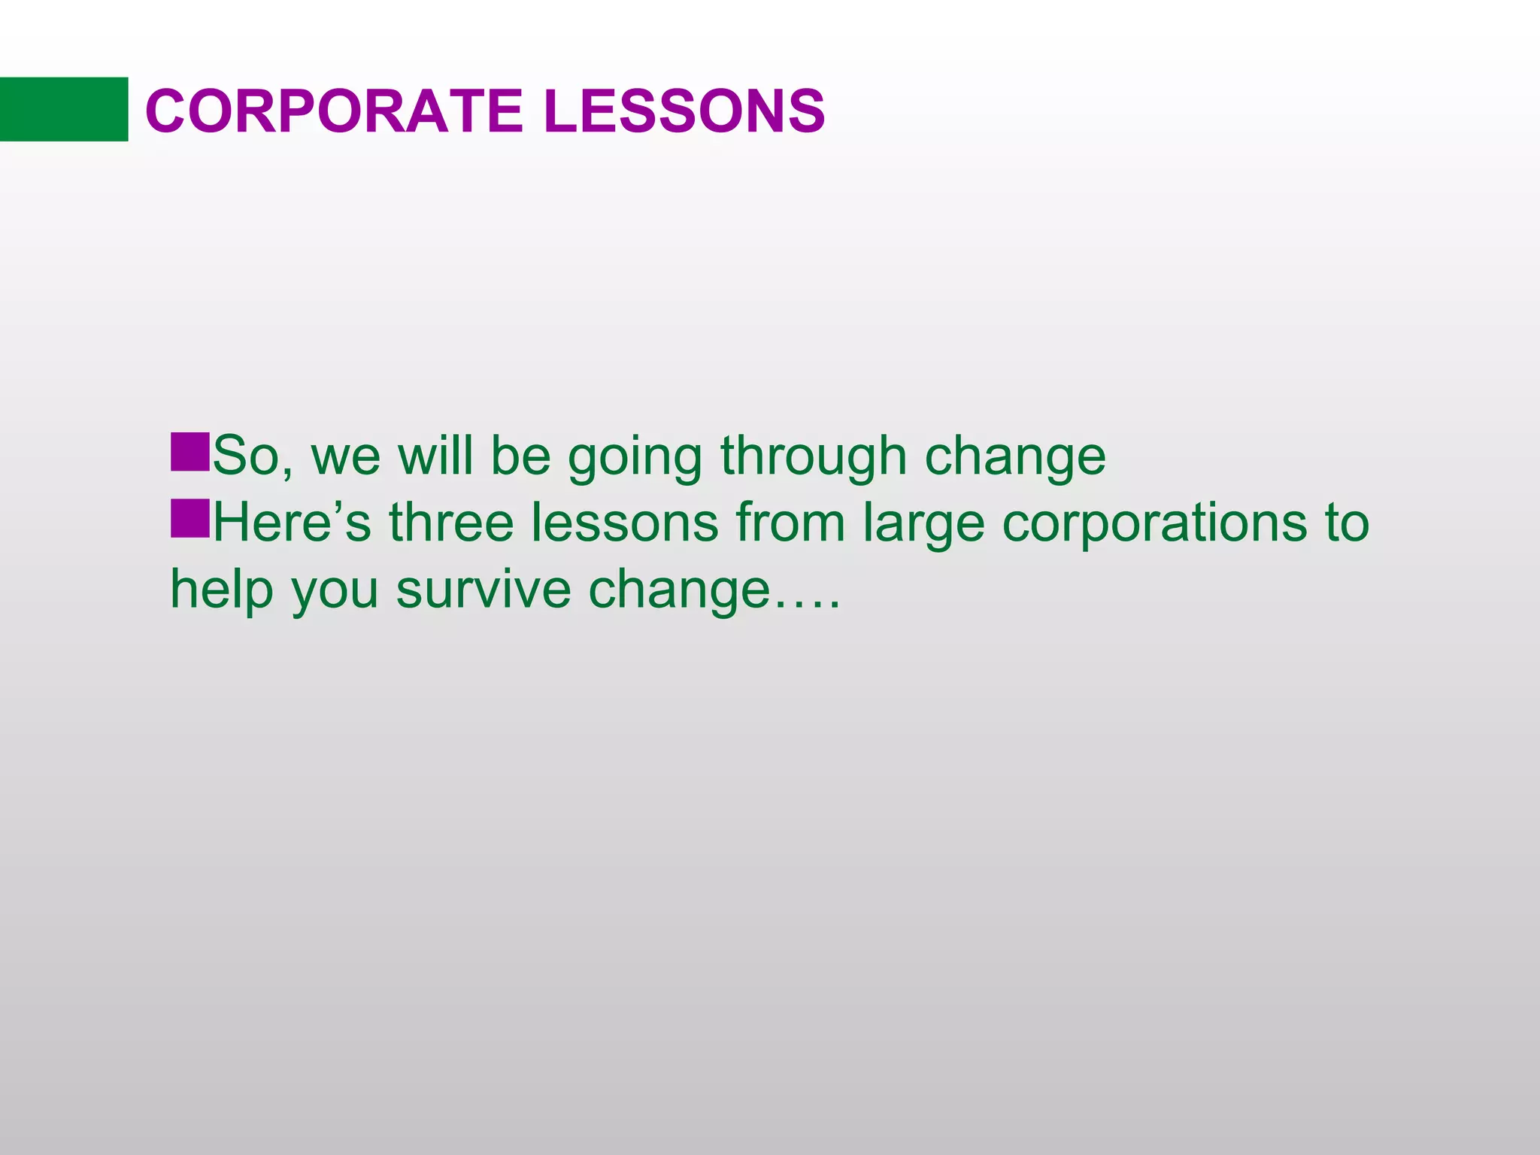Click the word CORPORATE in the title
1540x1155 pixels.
click(333, 111)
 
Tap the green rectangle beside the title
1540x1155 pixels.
click(64, 109)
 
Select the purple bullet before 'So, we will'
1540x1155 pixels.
click(189, 452)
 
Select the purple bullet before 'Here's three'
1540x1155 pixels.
click(189, 518)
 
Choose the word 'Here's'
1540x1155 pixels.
click(292, 523)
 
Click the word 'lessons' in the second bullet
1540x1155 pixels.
click(624, 523)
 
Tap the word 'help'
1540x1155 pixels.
click(221, 590)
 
